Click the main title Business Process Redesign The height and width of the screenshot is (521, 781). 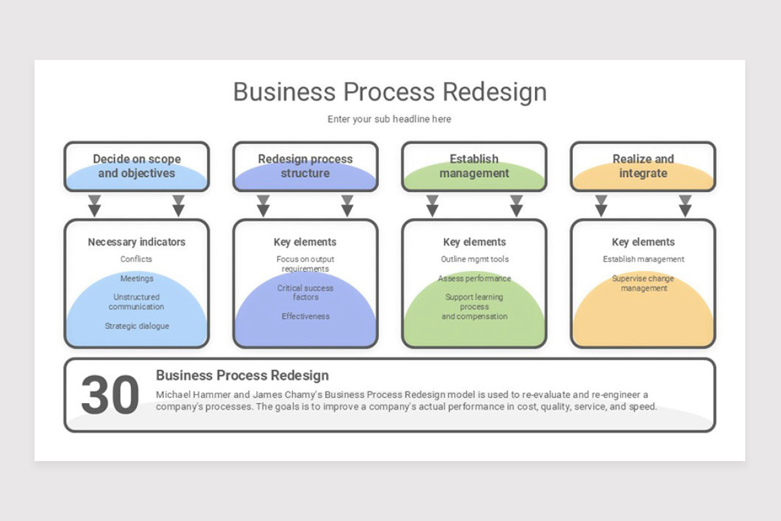click(390, 92)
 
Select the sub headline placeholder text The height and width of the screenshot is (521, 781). click(389, 119)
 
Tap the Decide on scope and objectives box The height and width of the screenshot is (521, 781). click(137, 167)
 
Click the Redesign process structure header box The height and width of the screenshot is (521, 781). click(305, 167)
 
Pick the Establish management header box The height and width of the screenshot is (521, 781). click(474, 167)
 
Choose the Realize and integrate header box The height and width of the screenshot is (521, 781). click(643, 167)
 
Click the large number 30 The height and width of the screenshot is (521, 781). click(110, 395)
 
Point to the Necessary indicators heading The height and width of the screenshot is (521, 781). click(137, 242)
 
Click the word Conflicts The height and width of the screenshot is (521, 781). click(137, 259)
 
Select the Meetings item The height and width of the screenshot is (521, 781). click(137, 279)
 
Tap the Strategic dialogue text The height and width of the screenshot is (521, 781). click(137, 326)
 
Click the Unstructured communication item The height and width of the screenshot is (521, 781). click(137, 302)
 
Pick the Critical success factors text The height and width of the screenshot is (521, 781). click(305, 292)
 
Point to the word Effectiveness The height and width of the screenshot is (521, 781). click(305, 317)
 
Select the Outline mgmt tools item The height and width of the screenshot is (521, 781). click(474, 259)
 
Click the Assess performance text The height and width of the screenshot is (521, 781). click(474, 279)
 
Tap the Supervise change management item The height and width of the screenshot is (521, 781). click(643, 283)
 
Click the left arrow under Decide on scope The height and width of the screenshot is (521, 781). click(95, 205)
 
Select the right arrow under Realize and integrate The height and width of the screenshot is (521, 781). click(685, 205)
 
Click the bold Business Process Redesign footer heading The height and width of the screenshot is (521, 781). click(242, 376)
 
